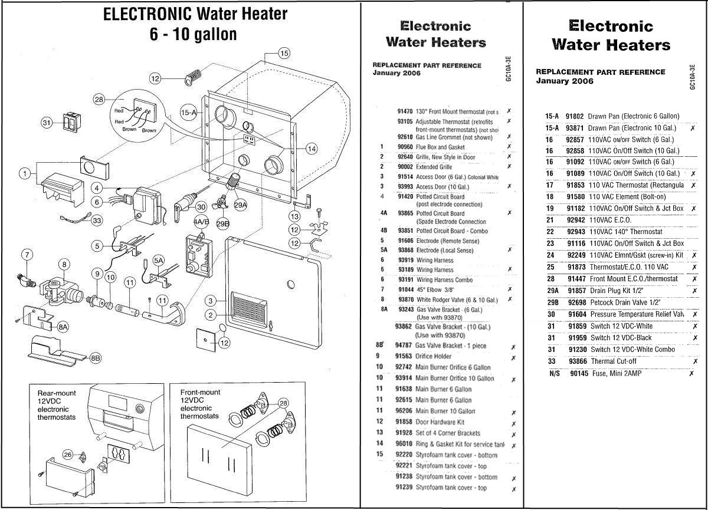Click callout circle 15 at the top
pyautogui.click(x=284, y=54)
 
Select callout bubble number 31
pyautogui.click(x=47, y=123)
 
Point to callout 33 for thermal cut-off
pyautogui.click(x=97, y=221)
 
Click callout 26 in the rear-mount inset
pyautogui.click(x=68, y=455)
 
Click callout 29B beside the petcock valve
pyautogui.click(x=222, y=223)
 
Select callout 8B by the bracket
pyautogui.click(x=96, y=357)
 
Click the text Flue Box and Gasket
pyautogui.click(x=440, y=147)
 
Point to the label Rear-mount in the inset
pyautogui.click(x=57, y=393)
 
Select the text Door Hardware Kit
pyautogui.click(x=440, y=422)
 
